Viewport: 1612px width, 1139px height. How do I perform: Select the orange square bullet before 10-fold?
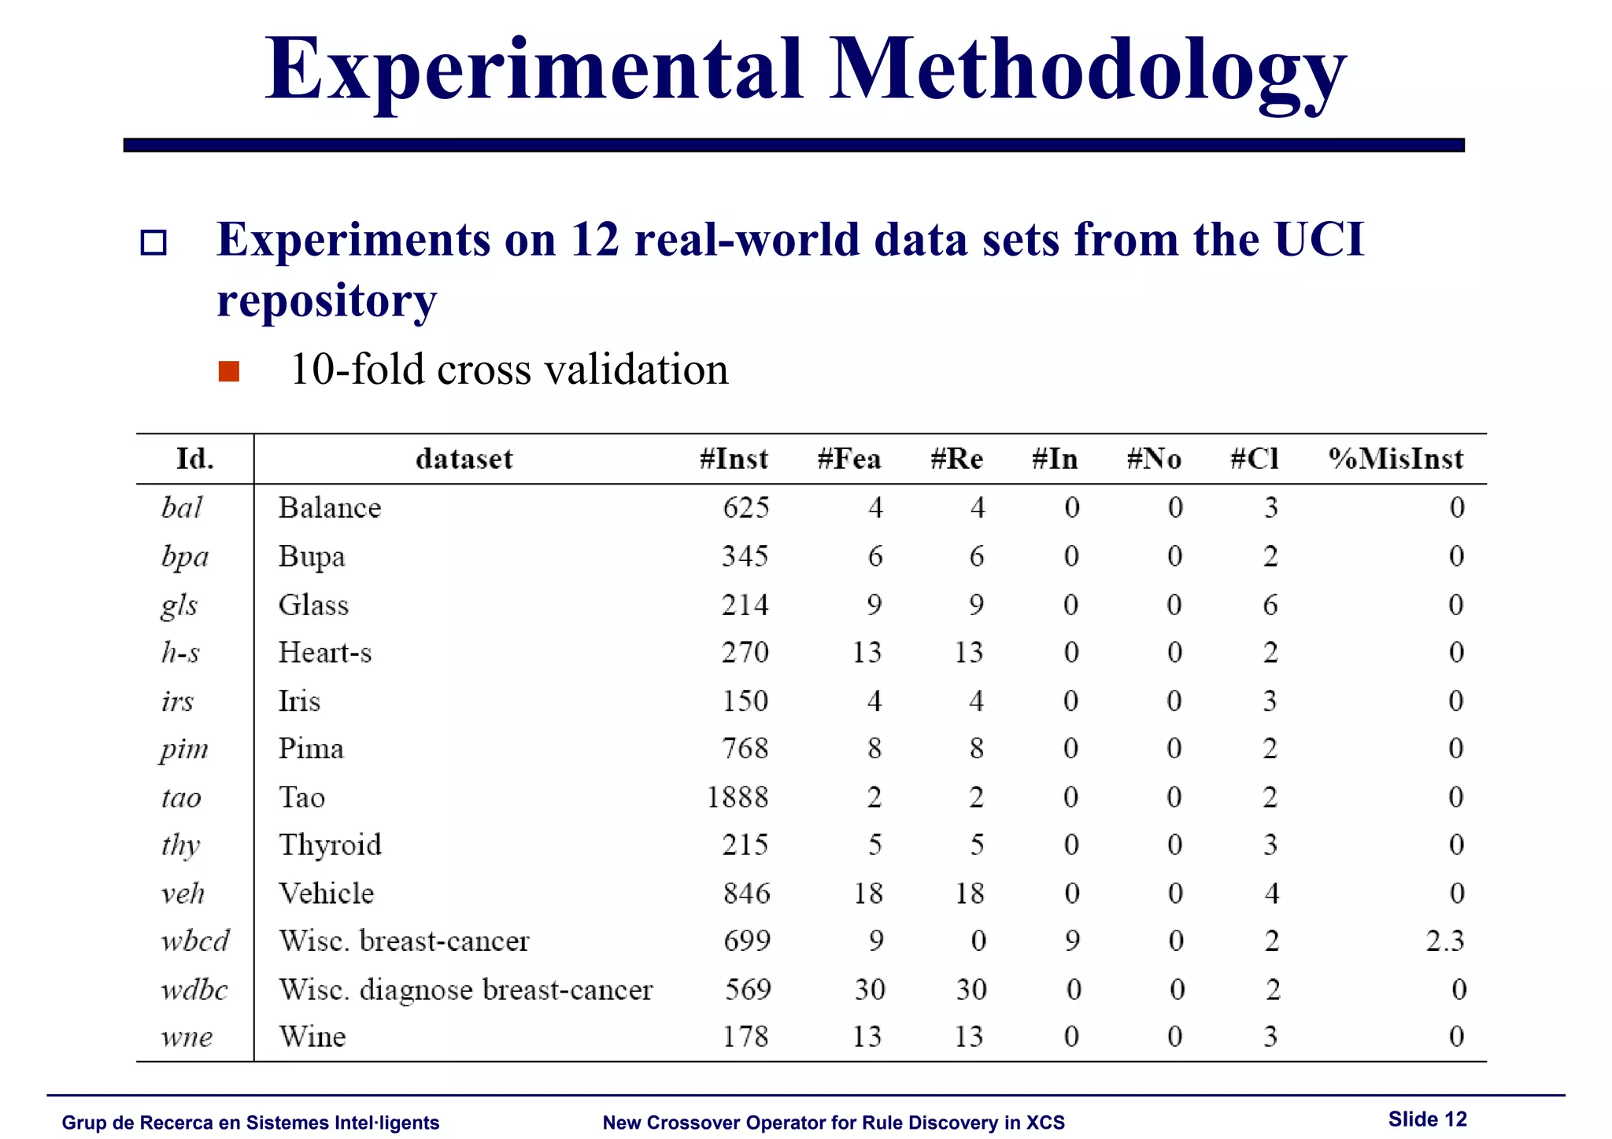(229, 370)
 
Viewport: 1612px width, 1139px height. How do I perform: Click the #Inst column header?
(734, 459)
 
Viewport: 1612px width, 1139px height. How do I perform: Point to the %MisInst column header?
(1396, 459)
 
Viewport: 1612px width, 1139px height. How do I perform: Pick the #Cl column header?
(1255, 459)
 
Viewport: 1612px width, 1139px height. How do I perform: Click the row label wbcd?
(195, 941)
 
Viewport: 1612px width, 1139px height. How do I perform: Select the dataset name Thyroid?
(331, 845)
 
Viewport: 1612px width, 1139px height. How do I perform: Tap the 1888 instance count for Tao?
(738, 798)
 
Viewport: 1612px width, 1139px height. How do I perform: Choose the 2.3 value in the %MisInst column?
(1444, 941)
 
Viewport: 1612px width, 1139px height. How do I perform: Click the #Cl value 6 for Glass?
(1270, 605)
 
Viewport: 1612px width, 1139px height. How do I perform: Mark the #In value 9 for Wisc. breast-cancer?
(1072, 941)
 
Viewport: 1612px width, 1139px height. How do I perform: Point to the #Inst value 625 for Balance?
(746, 507)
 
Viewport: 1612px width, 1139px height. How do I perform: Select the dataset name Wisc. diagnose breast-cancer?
(466, 990)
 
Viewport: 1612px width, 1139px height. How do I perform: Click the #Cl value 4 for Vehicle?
(1271, 894)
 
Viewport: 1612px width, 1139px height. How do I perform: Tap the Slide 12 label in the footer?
(1427, 1119)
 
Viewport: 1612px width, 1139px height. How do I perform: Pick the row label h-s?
(180, 653)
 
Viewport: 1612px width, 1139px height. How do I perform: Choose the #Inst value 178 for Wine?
(745, 1037)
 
